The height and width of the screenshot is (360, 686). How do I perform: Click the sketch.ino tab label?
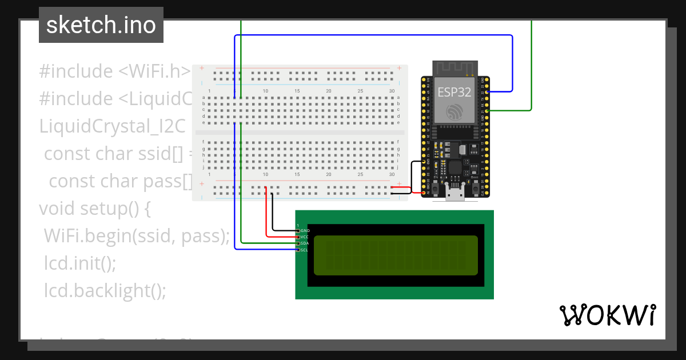[x=101, y=25]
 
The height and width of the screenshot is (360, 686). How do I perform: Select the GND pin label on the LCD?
[x=305, y=230]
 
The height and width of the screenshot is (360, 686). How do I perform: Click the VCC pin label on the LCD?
[x=305, y=237]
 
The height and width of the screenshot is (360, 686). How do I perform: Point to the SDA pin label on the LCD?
[x=305, y=243]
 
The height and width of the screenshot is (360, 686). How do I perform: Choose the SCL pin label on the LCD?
[x=305, y=250]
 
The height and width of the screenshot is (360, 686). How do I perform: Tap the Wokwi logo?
[x=607, y=314]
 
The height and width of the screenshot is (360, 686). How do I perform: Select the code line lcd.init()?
[x=80, y=263]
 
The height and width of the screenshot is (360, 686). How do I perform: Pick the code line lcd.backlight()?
[x=105, y=290]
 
